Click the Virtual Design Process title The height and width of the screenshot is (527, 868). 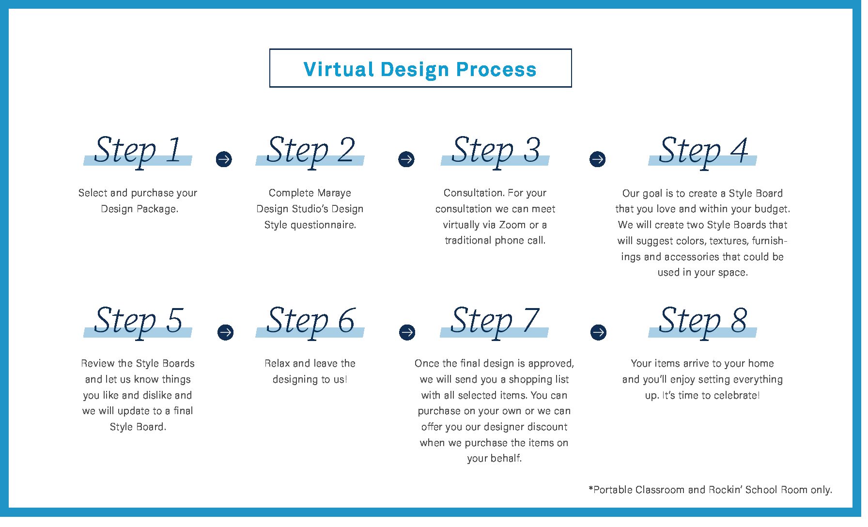pyautogui.click(x=420, y=69)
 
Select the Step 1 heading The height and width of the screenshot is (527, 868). pyautogui.click(x=138, y=151)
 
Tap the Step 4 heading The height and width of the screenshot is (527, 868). pyautogui.click(x=703, y=151)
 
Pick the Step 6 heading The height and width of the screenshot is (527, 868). pyautogui.click(x=310, y=322)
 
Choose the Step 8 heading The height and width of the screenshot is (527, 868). pyautogui.click(x=703, y=322)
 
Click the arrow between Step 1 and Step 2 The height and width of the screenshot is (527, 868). pyautogui.click(x=224, y=159)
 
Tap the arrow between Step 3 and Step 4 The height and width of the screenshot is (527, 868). pyautogui.click(x=598, y=159)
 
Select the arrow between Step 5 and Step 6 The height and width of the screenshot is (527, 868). pyautogui.click(x=225, y=332)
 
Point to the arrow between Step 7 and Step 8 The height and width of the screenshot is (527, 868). pyautogui.click(x=599, y=332)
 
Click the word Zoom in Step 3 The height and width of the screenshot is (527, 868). pyautogui.click(x=512, y=225)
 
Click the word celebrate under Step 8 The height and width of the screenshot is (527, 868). pyautogui.click(x=737, y=395)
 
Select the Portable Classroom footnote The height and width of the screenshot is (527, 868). pyautogui.click(x=710, y=490)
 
